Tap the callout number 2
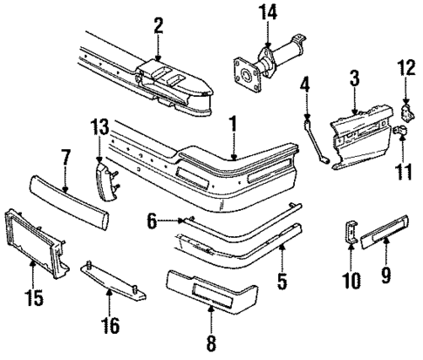tap(158, 25)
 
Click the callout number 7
tap(65, 157)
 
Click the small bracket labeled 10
tap(351, 234)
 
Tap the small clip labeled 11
tap(404, 132)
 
